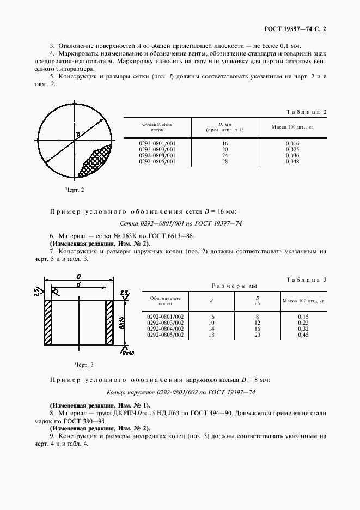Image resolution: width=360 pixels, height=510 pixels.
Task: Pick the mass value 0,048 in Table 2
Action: (x=292, y=162)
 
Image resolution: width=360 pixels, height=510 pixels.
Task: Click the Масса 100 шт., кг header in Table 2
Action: (x=292, y=126)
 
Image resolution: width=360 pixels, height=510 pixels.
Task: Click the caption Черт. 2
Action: (x=74, y=190)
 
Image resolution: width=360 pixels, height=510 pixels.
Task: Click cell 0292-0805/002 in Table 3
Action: (x=165, y=335)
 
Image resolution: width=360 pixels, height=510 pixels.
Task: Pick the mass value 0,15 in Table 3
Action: (x=303, y=316)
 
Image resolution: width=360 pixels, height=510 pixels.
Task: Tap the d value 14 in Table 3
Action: (x=211, y=329)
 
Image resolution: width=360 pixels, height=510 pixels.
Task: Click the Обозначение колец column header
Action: (x=165, y=301)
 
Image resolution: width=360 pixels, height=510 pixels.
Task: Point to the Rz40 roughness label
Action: (x=128, y=352)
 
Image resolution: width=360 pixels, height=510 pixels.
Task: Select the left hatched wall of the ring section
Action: (x=48, y=323)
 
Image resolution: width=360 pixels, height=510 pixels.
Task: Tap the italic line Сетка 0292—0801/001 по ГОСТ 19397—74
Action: (x=181, y=224)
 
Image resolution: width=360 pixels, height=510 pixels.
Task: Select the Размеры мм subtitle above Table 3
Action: (x=234, y=286)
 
